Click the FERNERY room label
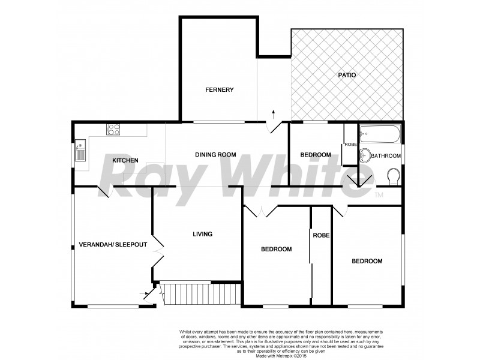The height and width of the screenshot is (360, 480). (x=219, y=90)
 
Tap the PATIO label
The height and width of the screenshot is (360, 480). (x=347, y=75)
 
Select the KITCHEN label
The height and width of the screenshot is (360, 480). (x=125, y=160)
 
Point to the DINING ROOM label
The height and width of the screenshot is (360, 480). (x=215, y=155)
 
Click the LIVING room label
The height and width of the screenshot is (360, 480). (x=202, y=234)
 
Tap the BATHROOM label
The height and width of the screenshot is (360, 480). (x=385, y=156)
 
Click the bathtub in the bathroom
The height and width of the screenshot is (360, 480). (x=379, y=134)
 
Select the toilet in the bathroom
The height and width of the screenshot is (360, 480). (x=394, y=177)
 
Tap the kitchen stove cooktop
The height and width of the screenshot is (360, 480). (x=113, y=128)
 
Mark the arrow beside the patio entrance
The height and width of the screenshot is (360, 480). (x=274, y=113)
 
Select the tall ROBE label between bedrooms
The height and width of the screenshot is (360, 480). (x=321, y=235)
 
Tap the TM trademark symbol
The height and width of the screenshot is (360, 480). (x=379, y=195)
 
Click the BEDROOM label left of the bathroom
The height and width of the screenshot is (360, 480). (x=316, y=155)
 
